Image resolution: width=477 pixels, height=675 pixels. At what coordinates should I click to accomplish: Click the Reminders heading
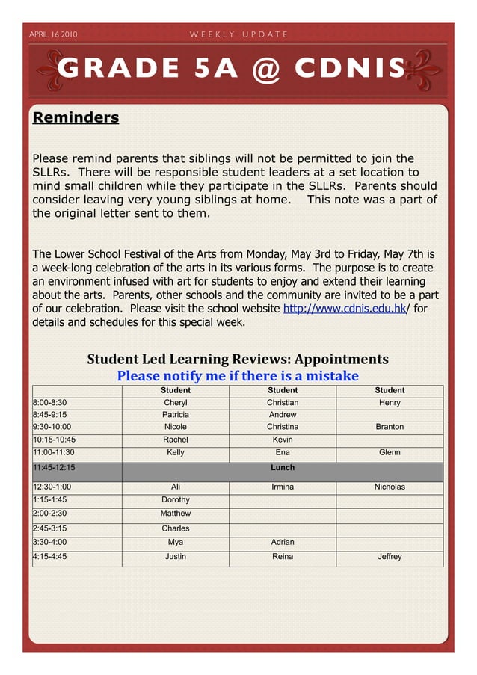click(76, 118)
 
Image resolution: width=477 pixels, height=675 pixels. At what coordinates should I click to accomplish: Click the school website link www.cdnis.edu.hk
click(344, 309)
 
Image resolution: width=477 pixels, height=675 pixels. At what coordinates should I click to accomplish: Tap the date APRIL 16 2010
click(53, 34)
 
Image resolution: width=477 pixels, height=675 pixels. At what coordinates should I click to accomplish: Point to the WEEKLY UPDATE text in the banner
click(238, 34)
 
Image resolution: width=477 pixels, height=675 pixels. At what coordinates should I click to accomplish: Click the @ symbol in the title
click(266, 69)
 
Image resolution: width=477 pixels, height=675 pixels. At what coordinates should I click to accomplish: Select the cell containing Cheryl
click(176, 403)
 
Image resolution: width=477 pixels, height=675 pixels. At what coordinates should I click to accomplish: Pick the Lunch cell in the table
click(283, 468)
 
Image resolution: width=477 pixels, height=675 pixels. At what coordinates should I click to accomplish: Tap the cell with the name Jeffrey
click(390, 557)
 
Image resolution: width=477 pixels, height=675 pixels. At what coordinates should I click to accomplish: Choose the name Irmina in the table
click(283, 487)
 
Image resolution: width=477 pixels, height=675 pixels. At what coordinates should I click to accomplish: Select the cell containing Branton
click(390, 427)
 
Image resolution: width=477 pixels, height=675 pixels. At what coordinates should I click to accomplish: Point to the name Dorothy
click(176, 500)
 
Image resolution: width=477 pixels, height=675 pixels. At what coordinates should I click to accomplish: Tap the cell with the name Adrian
click(283, 543)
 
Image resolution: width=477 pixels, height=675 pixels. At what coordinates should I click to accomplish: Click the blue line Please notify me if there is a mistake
click(238, 376)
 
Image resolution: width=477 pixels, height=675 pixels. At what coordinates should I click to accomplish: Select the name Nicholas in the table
click(390, 487)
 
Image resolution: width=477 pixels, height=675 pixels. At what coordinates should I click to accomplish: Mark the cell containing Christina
click(283, 427)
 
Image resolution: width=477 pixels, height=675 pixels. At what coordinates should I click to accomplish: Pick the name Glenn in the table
click(390, 452)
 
